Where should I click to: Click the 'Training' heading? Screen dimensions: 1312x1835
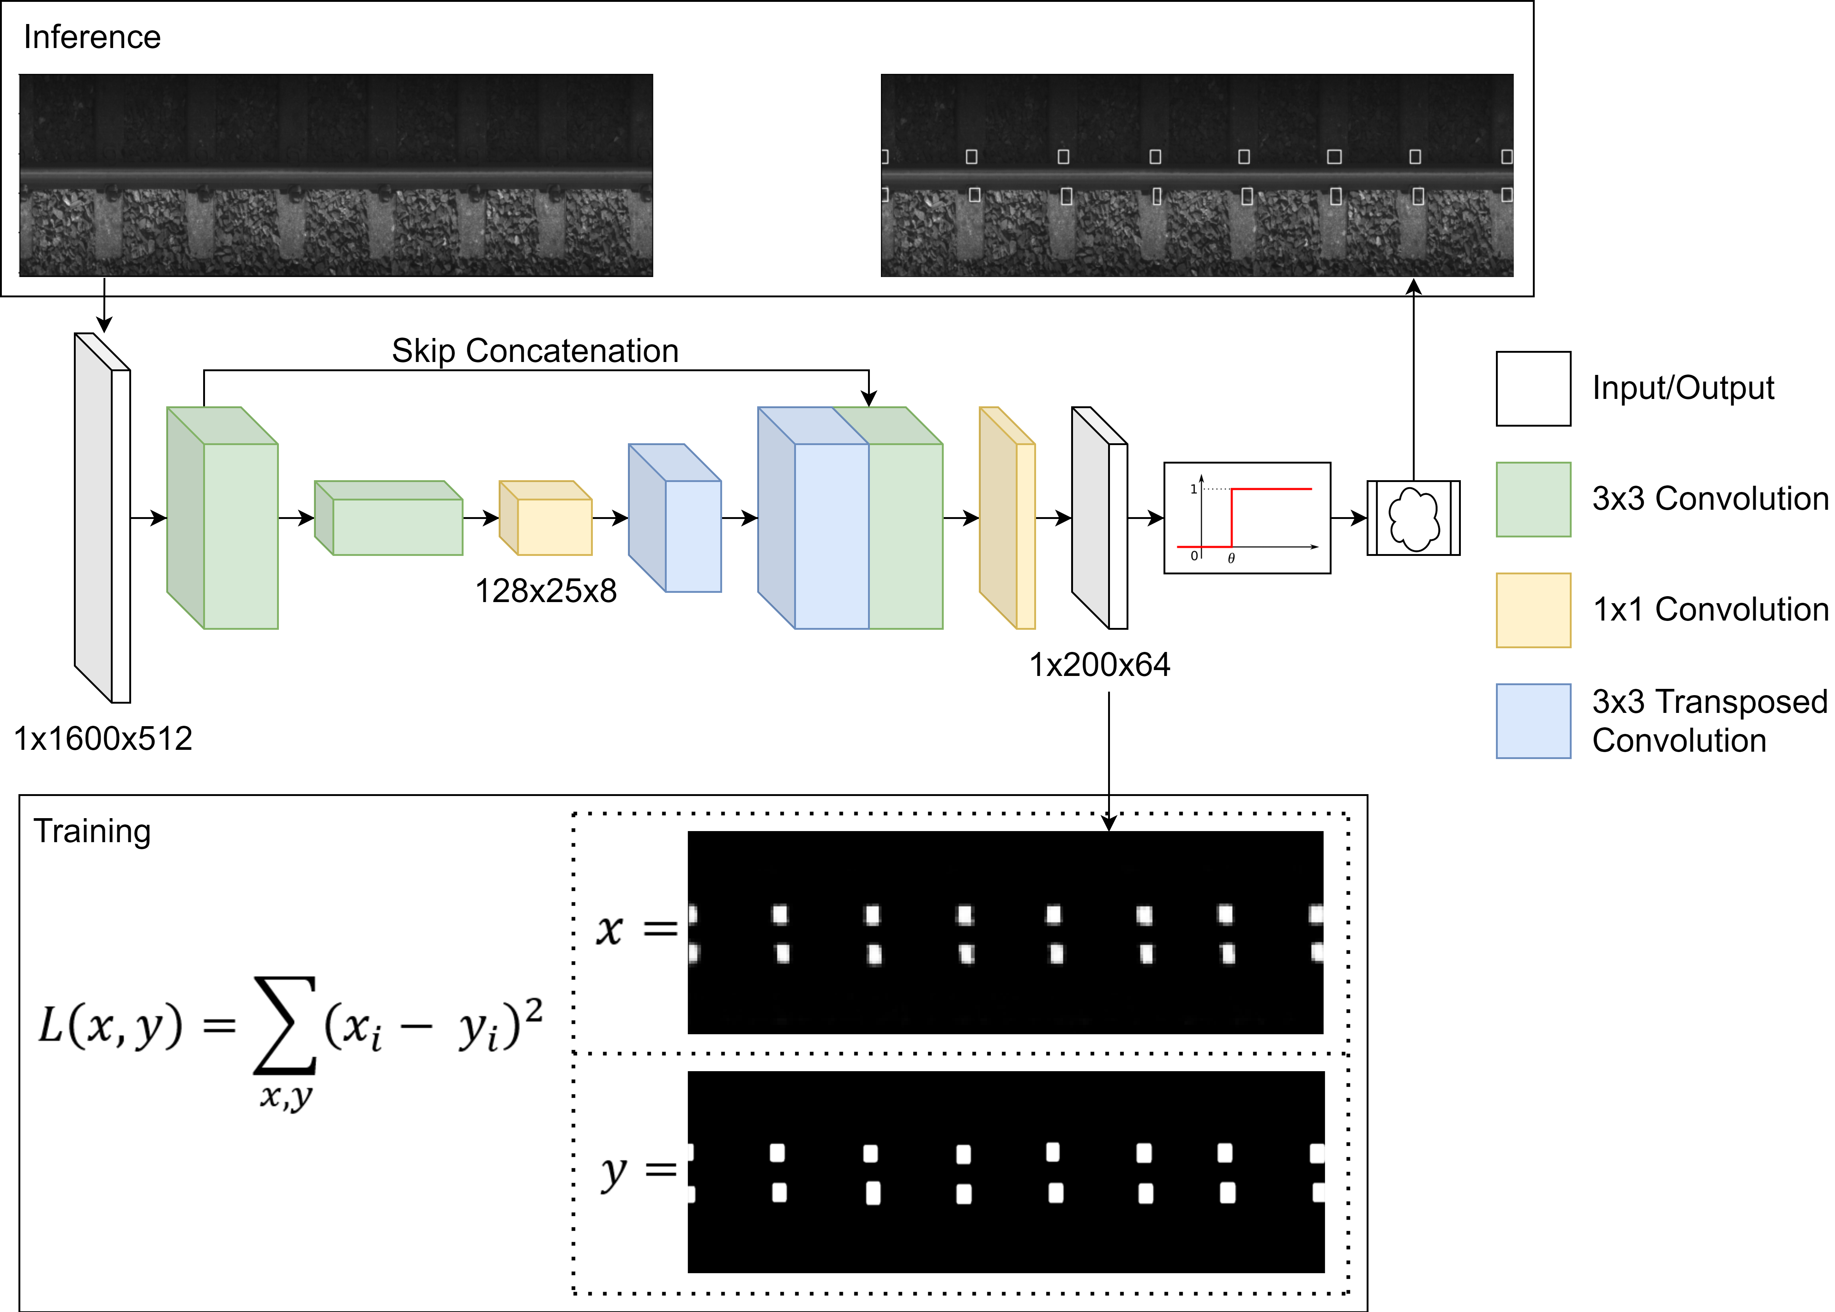[92, 831]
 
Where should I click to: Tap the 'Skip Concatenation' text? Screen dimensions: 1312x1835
[535, 351]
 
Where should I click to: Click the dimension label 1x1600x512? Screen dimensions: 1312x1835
[103, 738]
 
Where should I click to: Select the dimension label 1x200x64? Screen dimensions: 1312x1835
[1099, 665]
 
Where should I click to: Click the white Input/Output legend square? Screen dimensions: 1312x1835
[1533, 389]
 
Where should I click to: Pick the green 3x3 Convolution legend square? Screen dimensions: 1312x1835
[1533, 499]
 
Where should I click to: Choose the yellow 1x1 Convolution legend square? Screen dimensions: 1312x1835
[1533, 610]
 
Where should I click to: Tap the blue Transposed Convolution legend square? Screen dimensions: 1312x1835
[1533, 721]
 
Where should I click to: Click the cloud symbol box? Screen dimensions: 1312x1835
[1414, 518]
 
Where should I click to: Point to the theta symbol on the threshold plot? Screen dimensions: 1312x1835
[1231, 558]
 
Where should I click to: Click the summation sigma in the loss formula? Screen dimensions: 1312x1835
[284, 1024]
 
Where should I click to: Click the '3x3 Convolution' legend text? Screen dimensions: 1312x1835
[1710, 498]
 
